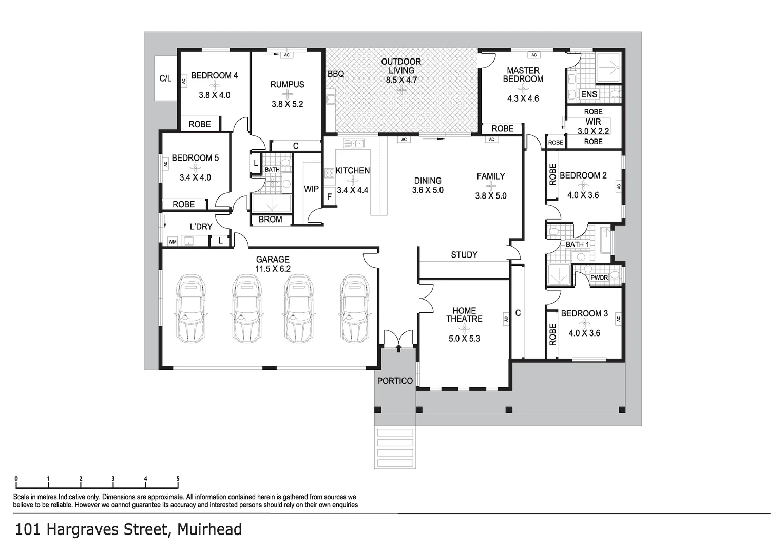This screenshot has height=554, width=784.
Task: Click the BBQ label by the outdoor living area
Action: (x=336, y=74)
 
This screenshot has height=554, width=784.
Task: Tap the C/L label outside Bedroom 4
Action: (x=165, y=78)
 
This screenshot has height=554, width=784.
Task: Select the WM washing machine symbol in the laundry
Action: (x=172, y=241)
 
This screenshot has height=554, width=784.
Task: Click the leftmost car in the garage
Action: (x=190, y=309)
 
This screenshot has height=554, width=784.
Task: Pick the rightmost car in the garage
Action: (x=354, y=309)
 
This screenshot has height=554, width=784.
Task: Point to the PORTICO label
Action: (x=395, y=381)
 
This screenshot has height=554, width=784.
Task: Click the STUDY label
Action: (x=464, y=254)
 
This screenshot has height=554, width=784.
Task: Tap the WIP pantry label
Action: (x=311, y=189)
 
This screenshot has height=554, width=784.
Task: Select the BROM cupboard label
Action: (x=270, y=220)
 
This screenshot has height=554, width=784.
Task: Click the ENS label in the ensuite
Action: (x=589, y=94)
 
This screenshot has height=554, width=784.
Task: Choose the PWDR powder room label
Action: (x=599, y=278)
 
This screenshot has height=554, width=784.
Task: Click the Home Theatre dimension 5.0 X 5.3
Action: (x=464, y=339)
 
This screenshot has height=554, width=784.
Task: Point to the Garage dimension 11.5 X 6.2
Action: (x=273, y=269)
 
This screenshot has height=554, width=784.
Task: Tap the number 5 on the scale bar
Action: (x=178, y=479)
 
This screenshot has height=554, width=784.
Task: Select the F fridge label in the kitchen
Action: (x=329, y=196)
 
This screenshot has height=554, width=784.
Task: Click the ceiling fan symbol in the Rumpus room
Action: (x=287, y=94)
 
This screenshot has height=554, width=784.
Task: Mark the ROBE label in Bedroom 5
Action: (x=183, y=204)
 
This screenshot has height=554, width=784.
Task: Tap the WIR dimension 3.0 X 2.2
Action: (x=593, y=131)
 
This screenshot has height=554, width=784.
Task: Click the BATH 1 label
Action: (x=577, y=245)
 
